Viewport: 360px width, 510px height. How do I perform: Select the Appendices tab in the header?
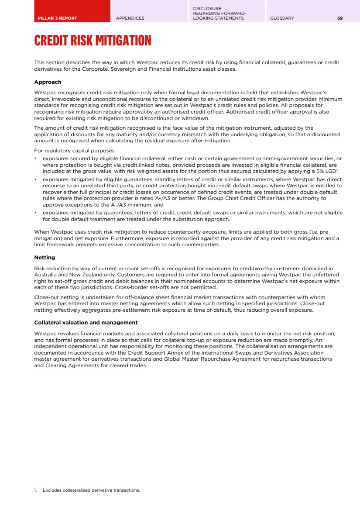(130, 18)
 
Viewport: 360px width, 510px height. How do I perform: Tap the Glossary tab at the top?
(282, 18)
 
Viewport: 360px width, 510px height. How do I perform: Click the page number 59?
(340, 18)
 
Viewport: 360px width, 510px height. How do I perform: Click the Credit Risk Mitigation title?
(93, 41)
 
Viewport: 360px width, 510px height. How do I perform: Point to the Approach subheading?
(48, 82)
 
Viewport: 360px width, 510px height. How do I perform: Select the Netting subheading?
(45, 258)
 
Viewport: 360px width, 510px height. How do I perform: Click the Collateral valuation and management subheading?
(86, 323)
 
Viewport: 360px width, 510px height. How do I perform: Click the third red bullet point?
(35, 213)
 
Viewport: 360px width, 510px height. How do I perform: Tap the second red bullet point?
(35, 179)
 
